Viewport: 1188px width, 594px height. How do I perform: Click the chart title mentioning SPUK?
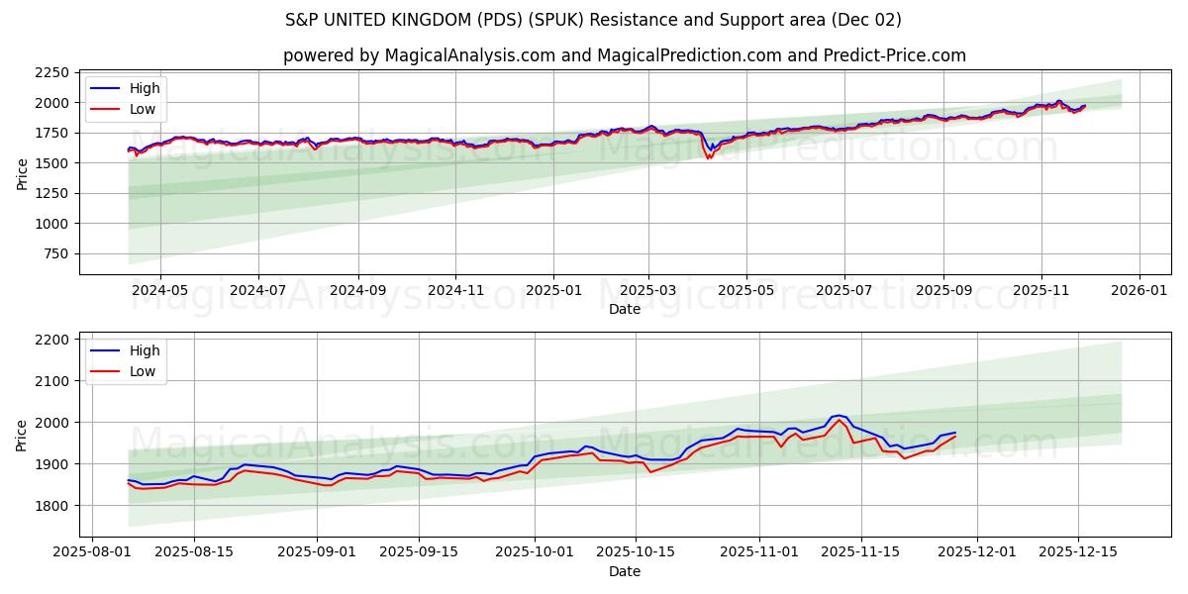pyautogui.click(x=593, y=20)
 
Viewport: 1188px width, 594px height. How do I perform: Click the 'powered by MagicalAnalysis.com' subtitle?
pyautogui.click(x=624, y=55)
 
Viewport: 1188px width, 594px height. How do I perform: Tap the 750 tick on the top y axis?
pyautogui.click(x=53, y=253)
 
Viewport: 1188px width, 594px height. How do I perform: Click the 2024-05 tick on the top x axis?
pyautogui.click(x=159, y=291)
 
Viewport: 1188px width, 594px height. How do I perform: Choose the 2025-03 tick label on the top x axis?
pyautogui.click(x=648, y=291)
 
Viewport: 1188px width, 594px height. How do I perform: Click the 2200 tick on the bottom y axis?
pyautogui.click(x=49, y=340)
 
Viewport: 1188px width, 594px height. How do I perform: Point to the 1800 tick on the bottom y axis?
pyautogui.click(x=49, y=506)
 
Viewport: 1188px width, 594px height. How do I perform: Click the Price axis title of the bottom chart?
pyautogui.click(x=22, y=435)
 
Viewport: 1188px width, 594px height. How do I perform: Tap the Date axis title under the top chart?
pyautogui.click(x=624, y=309)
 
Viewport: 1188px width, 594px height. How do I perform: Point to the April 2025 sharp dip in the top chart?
pyautogui.click(x=709, y=156)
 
